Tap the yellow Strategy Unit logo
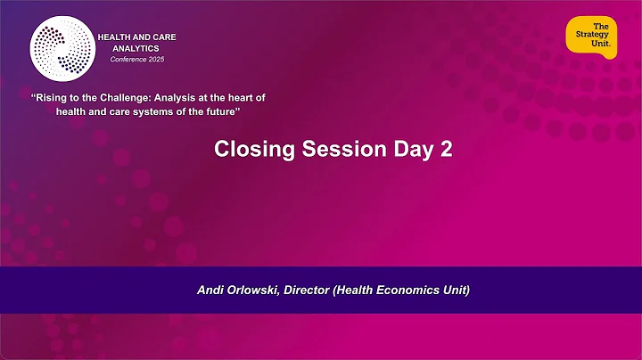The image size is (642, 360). (591, 37)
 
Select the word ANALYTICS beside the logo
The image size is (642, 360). (136, 46)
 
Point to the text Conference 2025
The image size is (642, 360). (136, 59)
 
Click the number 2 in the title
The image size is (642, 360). (446, 150)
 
